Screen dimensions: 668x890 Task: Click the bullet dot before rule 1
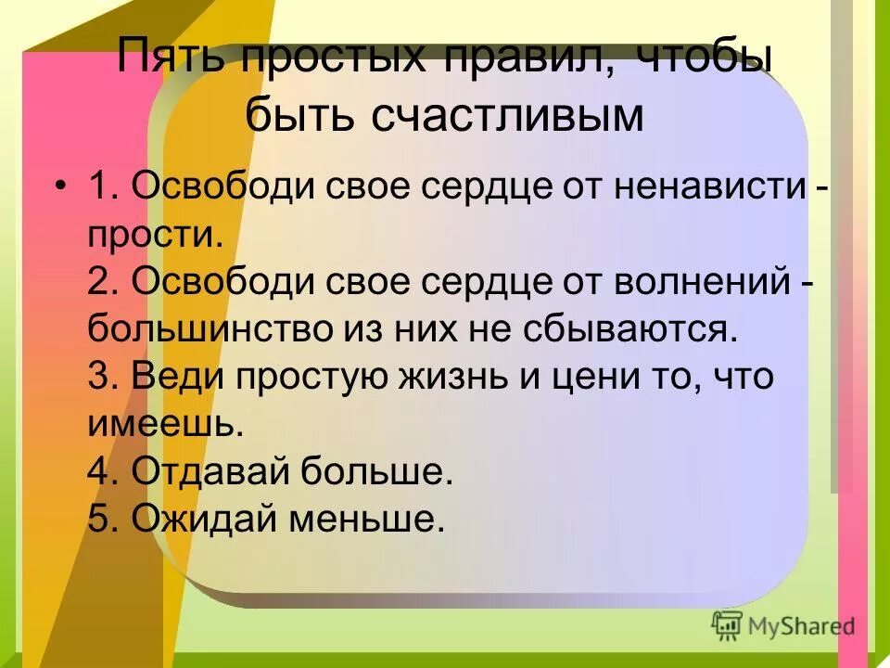[60, 187]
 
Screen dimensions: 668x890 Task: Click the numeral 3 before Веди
[99, 378]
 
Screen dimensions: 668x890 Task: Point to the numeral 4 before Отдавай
[99, 472]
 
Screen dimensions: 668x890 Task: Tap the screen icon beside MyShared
[727, 625]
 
